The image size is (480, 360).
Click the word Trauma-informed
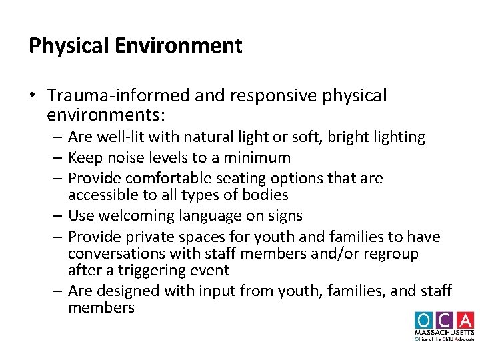coord(119,96)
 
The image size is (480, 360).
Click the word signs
coord(285,216)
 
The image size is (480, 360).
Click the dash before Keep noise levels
coord(59,158)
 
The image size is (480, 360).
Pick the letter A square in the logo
coord(464,320)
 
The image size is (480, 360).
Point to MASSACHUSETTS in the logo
coord(444,333)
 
